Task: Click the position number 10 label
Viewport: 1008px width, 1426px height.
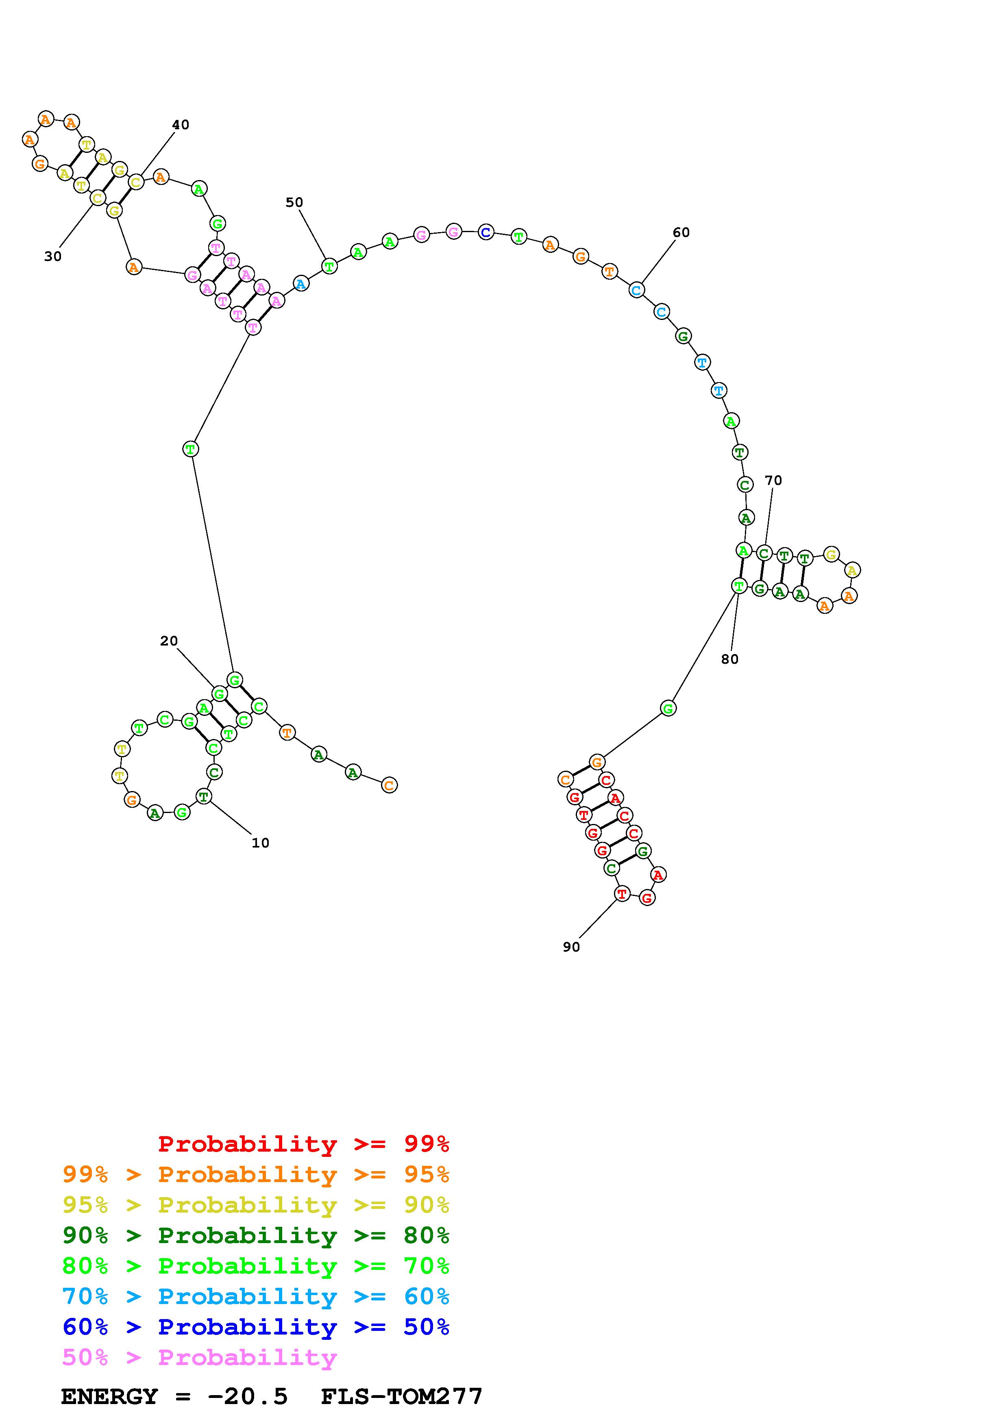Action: point(260,843)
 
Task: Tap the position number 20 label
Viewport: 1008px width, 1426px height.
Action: point(169,641)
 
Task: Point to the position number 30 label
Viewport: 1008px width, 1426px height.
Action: point(53,257)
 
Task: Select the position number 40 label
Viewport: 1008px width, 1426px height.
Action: point(180,125)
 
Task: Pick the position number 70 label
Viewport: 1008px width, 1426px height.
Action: point(773,480)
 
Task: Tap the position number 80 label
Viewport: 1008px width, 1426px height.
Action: point(730,659)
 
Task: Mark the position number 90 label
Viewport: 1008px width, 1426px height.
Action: point(571,946)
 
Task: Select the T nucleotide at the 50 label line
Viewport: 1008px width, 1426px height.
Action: point(329,266)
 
